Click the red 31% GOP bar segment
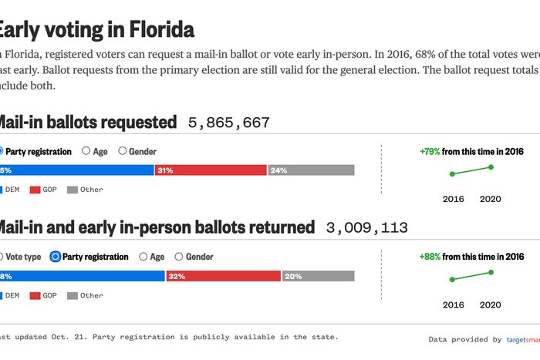210,170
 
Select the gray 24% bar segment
311,170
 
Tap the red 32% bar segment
223,276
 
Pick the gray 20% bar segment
318,276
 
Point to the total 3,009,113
366,228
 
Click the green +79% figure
430,152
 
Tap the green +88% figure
430,257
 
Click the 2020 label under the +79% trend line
490,199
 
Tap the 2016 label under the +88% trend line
454,304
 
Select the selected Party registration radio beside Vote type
56,257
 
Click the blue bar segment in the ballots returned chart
81,276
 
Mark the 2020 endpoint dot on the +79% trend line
491,167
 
